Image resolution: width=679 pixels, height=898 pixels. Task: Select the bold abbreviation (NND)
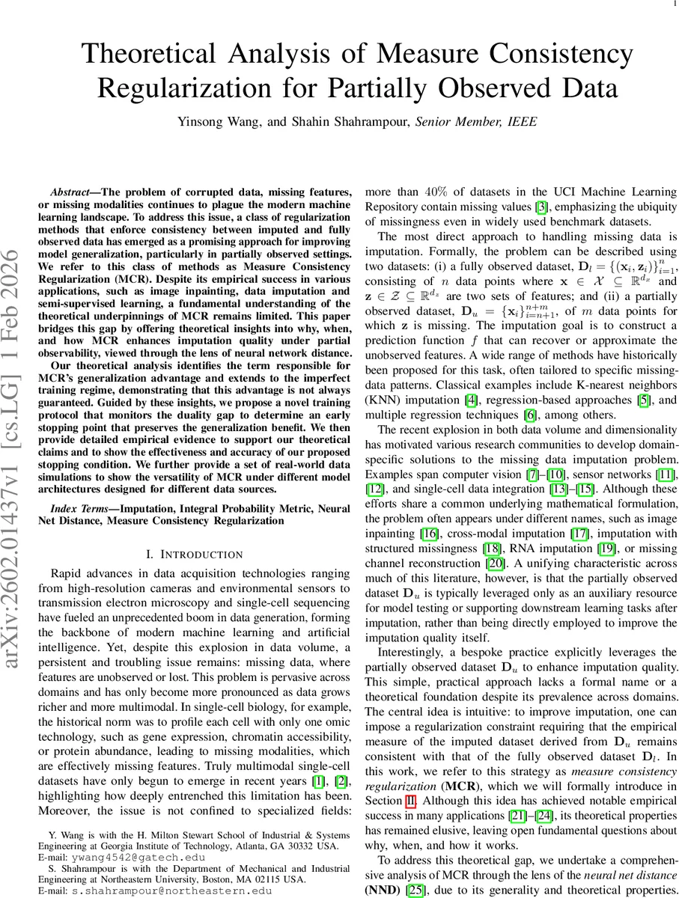pos(380,891)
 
